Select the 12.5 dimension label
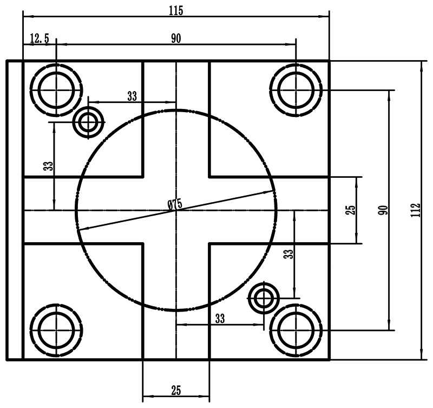39,38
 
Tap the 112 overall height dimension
415,210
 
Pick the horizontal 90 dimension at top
176,38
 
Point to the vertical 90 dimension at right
383,210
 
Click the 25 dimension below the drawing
176,390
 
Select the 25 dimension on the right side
350,210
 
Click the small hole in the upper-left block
88,122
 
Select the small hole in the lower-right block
264,297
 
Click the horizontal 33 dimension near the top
132,96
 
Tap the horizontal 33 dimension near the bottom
220,319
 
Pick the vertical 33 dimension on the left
49,166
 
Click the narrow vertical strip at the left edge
14,210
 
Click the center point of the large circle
176,210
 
